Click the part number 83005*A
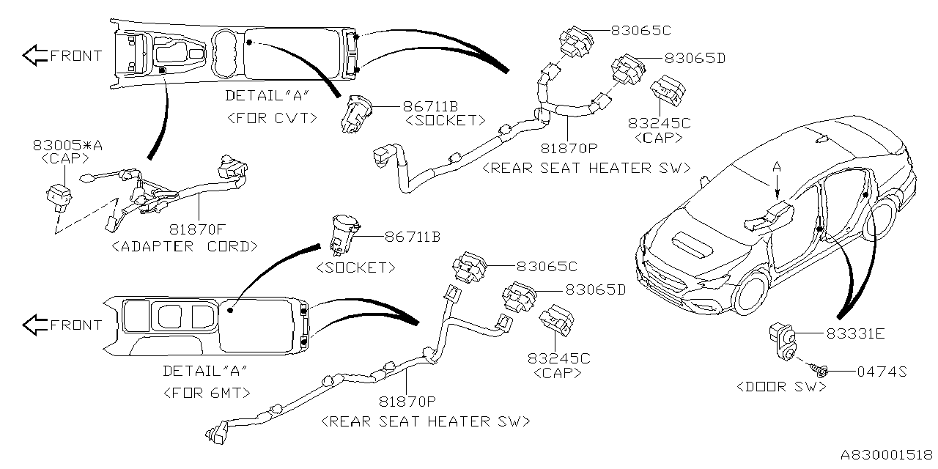(x=67, y=146)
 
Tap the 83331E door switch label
(x=855, y=333)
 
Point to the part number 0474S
(x=882, y=372)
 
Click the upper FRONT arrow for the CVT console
(x=34, y=55)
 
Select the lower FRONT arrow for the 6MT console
(x=34, y=324)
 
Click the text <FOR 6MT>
(x=206, y=392)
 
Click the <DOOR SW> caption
(x=781, y=386)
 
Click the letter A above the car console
(x=778, y=168)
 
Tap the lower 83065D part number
(x=595, y=289)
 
